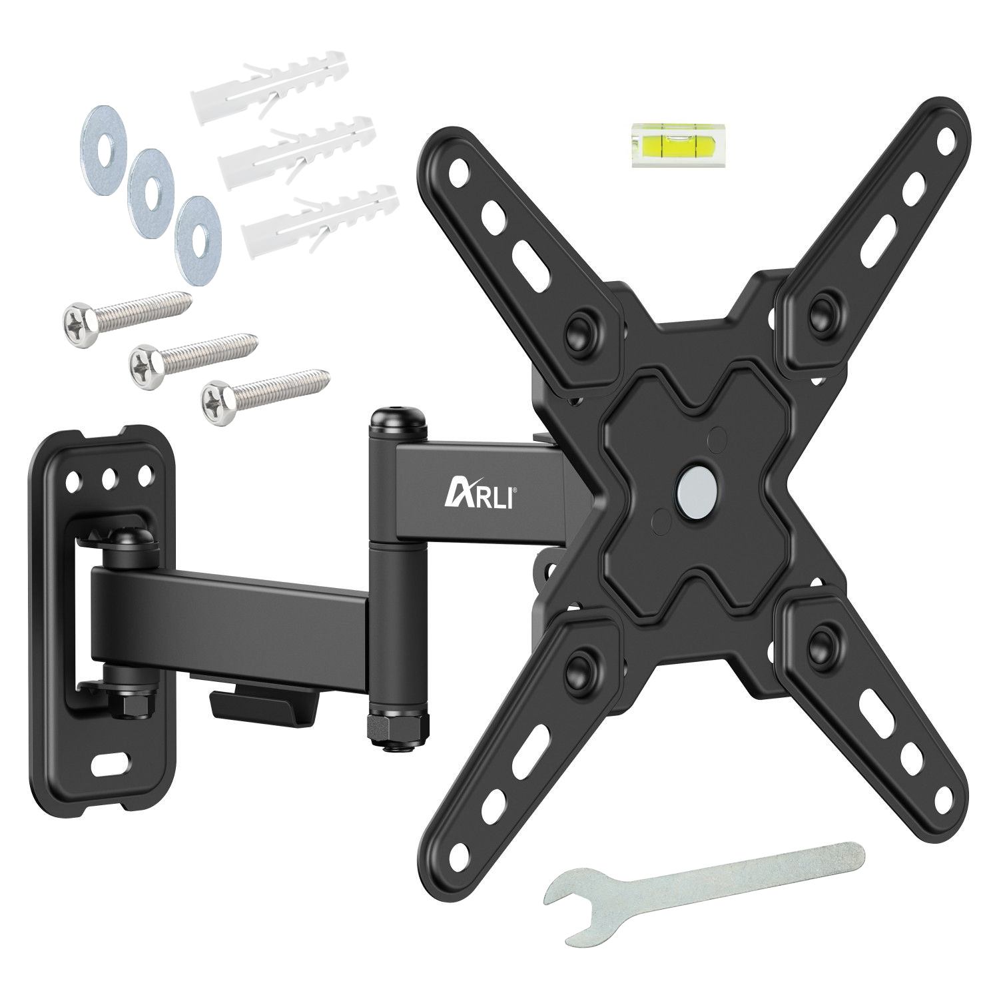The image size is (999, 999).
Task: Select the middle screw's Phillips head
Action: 147,362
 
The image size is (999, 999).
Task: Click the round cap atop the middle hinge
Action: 398,422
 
